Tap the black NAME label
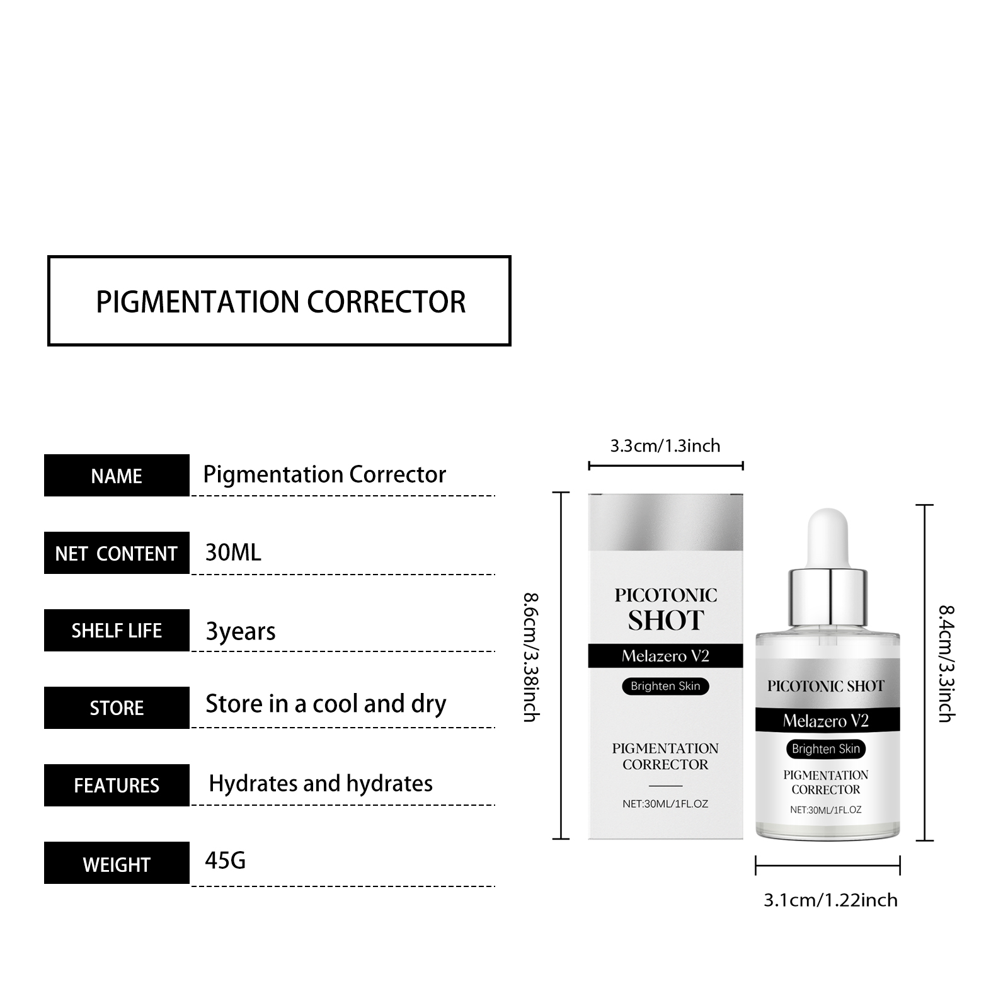tap(117, 476)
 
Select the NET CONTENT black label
tap(117, 553)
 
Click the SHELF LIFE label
tap(117, 631)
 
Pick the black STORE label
tap(117, 708)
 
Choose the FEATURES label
tap(117, 786)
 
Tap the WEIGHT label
tap(117, 863)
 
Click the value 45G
tap(225, 861)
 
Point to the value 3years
tap(241, 631)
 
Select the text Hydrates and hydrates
tap(321, 784)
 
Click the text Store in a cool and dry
tap(326, 704)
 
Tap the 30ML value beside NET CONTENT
tap(233, 553)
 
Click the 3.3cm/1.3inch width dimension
tap(665, 446)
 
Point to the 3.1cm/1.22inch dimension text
tap(830, 900)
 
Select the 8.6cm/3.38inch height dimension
tap(530, 657)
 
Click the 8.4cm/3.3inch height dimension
tap(946, 663)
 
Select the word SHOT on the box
tap(666, 621)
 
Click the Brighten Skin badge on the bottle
tap(826, 748)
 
